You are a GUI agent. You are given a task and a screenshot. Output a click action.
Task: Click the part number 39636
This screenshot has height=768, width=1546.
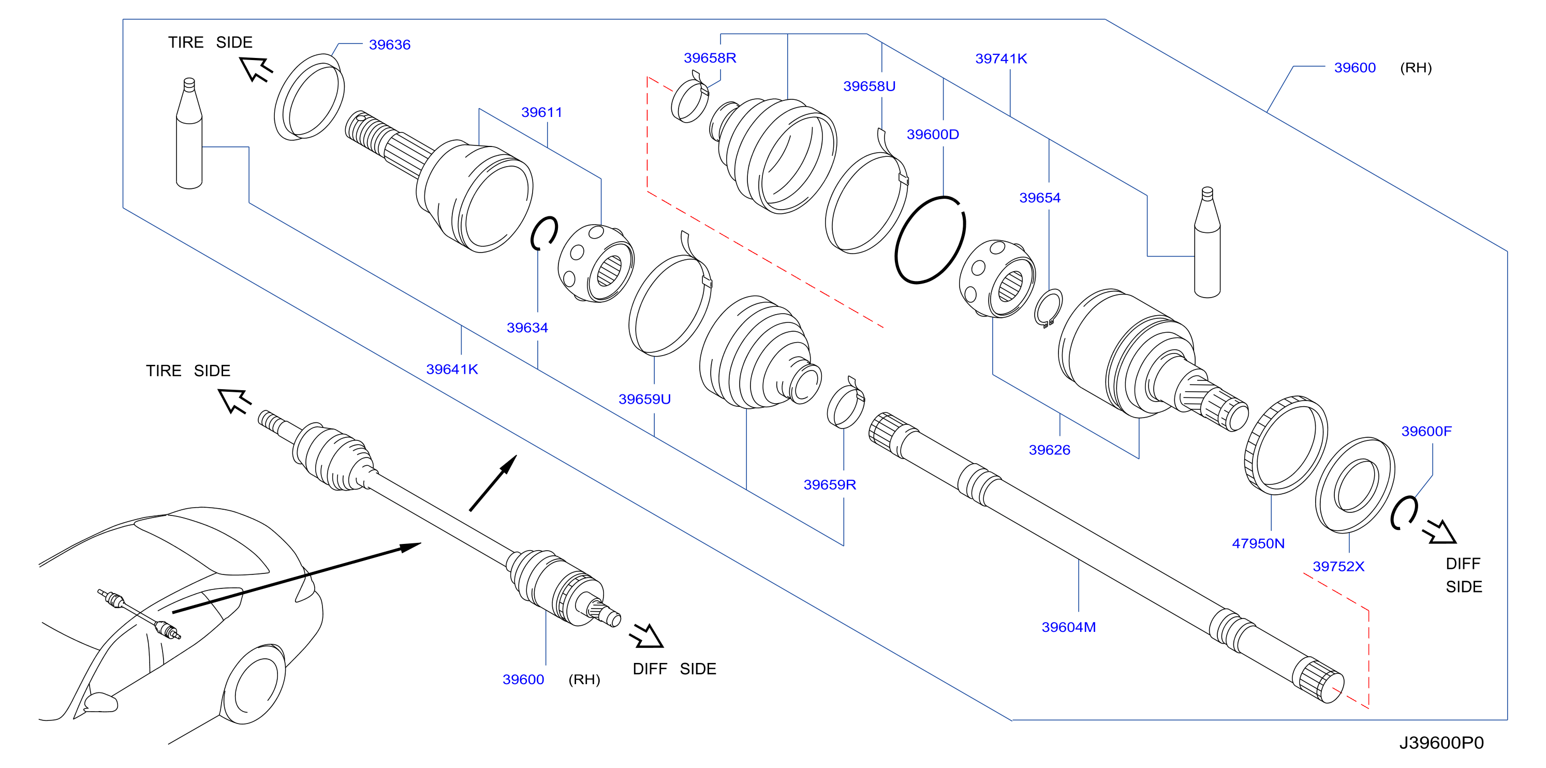point(390,45)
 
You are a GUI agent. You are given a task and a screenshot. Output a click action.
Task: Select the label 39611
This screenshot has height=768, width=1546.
point(541,112)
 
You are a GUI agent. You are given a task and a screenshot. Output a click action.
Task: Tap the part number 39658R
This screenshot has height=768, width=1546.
point(710,57)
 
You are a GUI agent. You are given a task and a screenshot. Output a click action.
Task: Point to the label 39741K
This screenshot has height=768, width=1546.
point(1001,58)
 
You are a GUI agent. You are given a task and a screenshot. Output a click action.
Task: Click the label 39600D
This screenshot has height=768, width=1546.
point(933,135)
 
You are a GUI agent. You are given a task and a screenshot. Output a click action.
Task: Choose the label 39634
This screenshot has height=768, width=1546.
point(527,328)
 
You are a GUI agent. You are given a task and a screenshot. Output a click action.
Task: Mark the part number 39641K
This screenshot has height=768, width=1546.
point(452,369)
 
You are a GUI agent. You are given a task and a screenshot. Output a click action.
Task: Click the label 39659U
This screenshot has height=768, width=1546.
point(644,399)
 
